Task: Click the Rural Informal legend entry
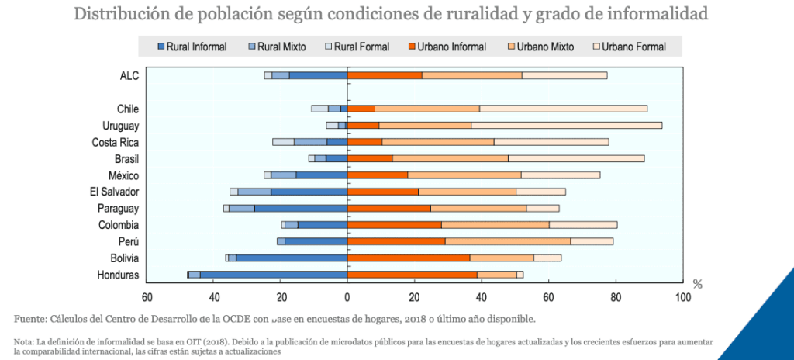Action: (192, 47)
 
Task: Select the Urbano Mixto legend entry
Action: (540, 47)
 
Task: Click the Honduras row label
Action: (118, 275)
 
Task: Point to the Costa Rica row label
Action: (115, 142)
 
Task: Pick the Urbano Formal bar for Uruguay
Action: (567, 125)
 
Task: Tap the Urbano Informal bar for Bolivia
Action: (409, 258)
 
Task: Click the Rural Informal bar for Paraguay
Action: (301, 208)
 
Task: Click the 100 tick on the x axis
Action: (682, 296)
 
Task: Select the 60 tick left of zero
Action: (147, 296)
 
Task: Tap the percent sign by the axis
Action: (697, 285)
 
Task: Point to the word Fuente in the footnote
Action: (30, 318)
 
